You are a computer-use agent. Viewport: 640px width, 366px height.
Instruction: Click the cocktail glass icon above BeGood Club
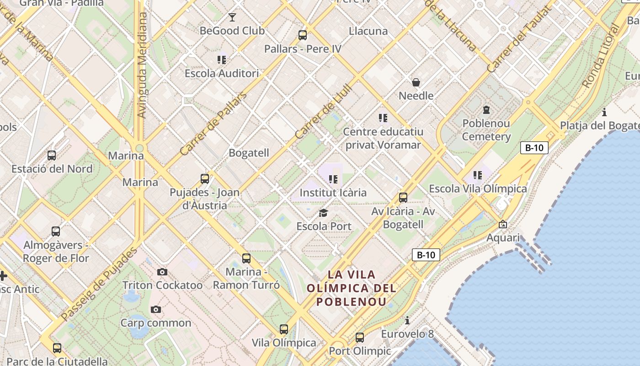232,17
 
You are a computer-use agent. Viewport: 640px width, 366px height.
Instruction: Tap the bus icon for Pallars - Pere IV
302,35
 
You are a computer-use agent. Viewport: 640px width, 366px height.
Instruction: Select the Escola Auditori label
222,73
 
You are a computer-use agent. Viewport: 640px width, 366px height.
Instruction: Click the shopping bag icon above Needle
416,82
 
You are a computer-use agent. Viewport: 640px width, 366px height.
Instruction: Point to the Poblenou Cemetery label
486,130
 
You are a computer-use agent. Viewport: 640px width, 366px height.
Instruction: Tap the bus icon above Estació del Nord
52,156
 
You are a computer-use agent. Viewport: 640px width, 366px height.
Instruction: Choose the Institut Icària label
333,193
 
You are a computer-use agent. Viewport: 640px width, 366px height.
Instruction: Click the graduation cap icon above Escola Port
324,213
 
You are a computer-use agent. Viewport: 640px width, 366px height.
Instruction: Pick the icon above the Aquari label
503,224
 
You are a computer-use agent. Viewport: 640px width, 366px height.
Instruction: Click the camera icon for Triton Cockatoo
162,272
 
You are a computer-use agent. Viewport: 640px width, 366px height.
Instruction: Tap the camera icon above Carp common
156,310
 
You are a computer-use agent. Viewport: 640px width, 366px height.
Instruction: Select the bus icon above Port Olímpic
360,338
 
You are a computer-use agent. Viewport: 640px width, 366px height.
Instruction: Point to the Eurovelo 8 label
407,334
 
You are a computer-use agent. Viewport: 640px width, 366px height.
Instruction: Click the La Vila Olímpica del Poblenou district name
352,288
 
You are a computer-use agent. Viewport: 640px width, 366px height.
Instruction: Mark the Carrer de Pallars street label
213,124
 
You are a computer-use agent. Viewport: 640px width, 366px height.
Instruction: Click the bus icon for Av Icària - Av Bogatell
403,198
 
